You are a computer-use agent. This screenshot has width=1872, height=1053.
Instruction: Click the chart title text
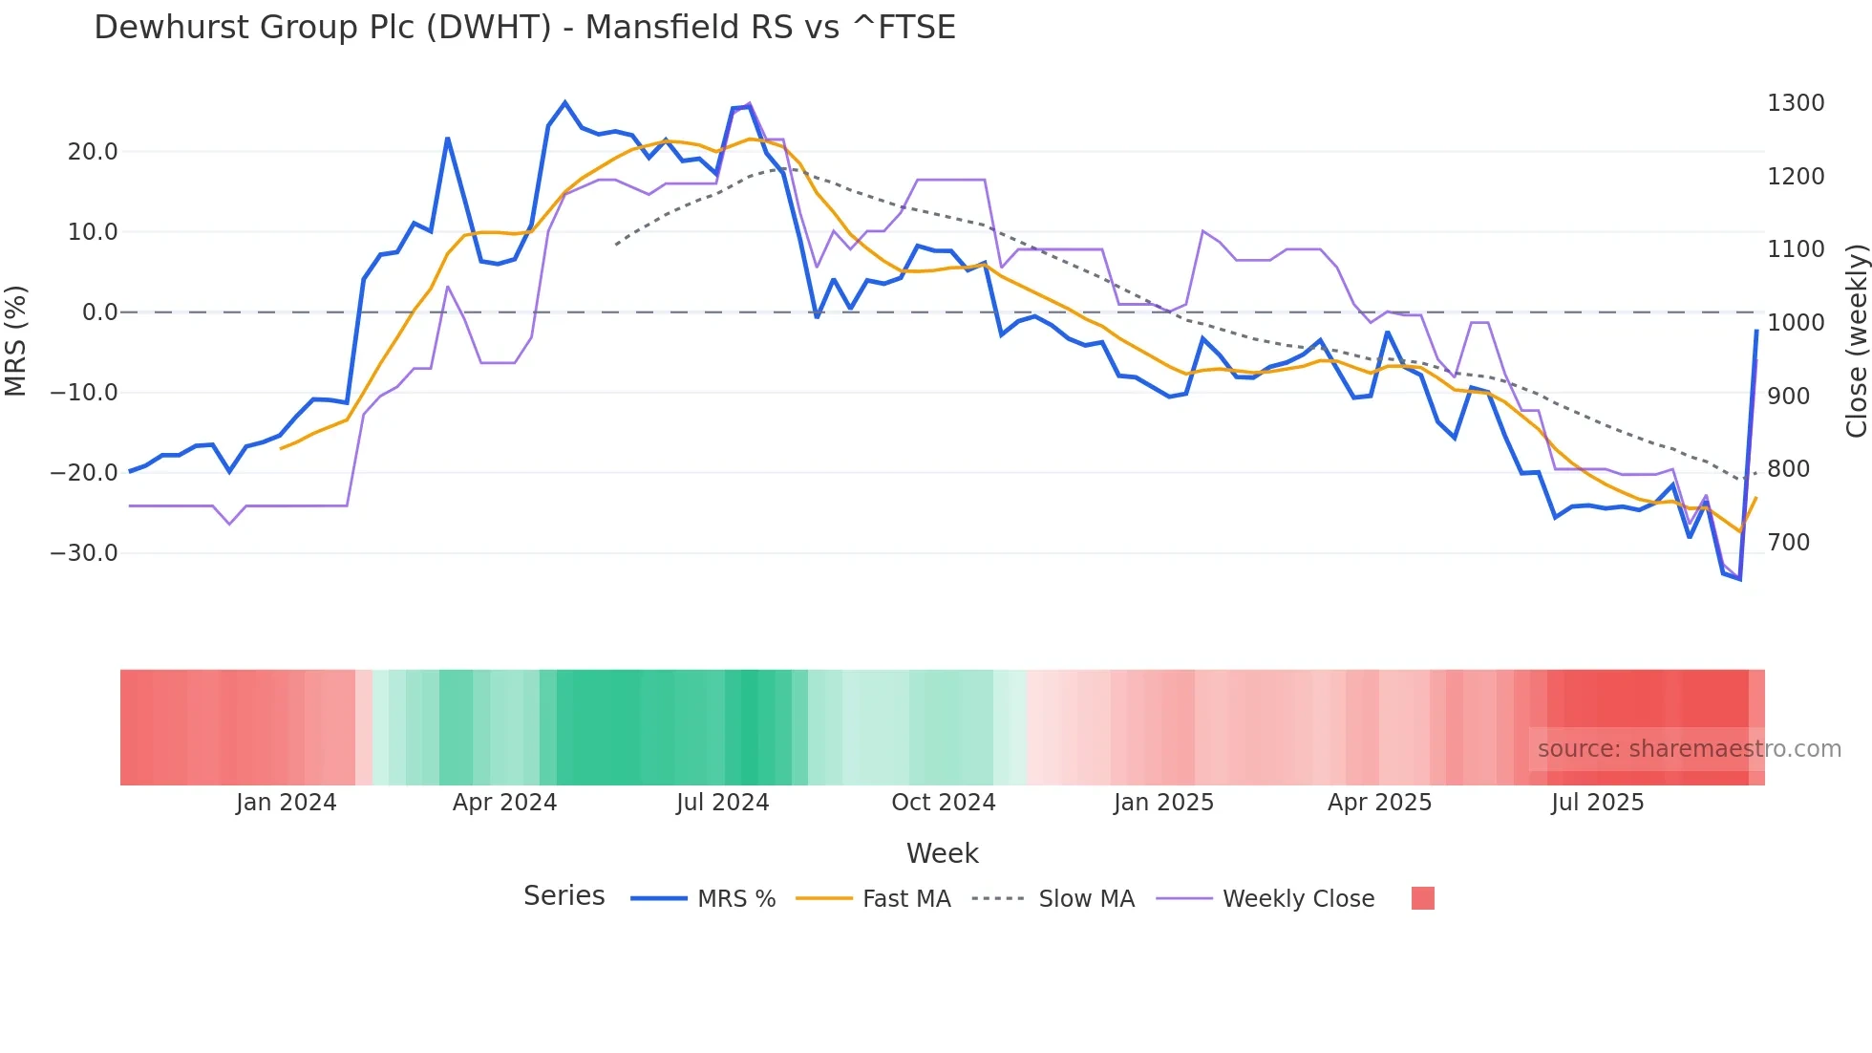[x=524, y=28]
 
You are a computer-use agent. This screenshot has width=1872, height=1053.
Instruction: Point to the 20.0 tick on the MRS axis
[x=93, y=152]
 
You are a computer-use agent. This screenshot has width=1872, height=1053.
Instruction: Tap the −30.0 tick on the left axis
[x=84, y=553]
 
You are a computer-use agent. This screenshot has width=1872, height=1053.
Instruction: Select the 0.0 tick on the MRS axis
[x=99, y=312]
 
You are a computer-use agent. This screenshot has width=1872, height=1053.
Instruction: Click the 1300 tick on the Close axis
[x=1796, y=103]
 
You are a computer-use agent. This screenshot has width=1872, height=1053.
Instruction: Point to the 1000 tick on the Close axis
[x=1796, y=323]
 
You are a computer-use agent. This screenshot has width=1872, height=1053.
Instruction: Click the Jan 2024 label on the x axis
[x=286, y=803]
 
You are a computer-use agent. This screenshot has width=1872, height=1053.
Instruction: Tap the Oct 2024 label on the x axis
[x=943, y=803]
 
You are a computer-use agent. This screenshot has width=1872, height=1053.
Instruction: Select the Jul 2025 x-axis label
[x=1597, y=803]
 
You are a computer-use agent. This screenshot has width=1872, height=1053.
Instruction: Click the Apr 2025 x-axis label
[x=1379, y=803]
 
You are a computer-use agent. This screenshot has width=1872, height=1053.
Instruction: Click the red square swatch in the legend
[x=1422, y=898]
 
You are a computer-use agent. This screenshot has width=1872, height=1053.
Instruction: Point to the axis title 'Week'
[x=942, y=853]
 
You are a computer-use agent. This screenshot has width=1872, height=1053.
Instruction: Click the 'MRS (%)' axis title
[x=16, y=341]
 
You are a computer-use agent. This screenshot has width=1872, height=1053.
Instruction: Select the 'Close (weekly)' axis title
[x=1856, y=341]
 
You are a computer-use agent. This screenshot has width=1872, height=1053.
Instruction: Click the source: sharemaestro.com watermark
[x=1689, y=749]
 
